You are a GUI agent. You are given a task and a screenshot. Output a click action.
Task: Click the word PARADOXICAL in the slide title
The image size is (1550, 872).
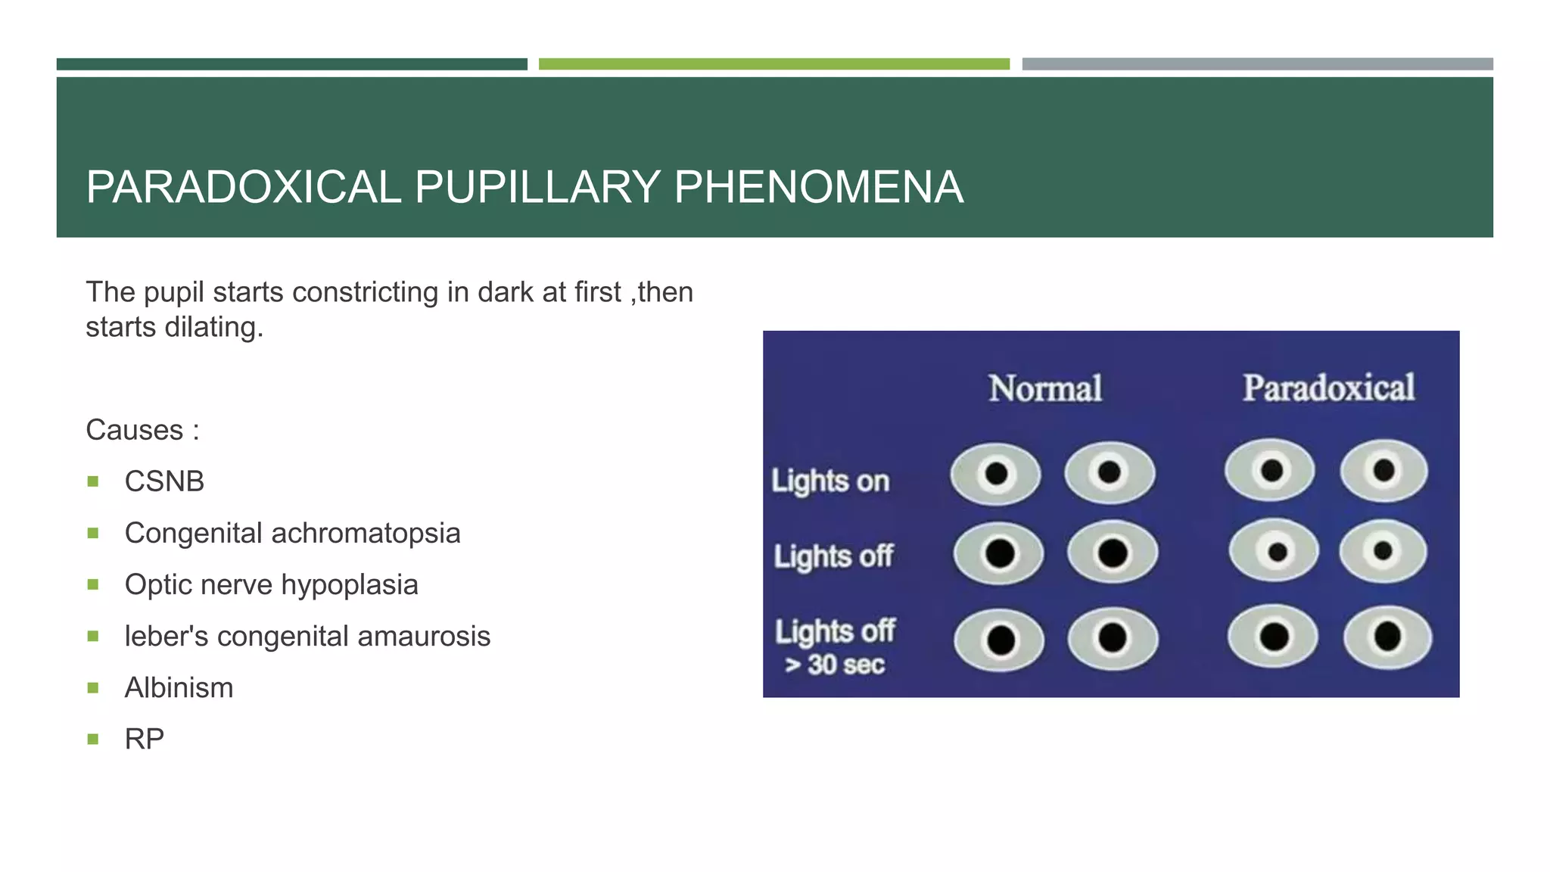tap(243, 187)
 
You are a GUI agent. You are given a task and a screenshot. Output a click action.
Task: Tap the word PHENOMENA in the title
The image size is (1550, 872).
tap(818, 187)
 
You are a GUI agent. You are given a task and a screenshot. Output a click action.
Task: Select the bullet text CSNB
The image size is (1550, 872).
tap(164, 481)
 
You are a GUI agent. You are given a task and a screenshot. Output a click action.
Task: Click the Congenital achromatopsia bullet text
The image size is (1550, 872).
tap(292, 533)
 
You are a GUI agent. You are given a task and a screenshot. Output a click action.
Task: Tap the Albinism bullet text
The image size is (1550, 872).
tap(179, 687)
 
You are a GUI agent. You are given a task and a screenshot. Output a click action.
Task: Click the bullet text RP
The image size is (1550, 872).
tap(144, 739)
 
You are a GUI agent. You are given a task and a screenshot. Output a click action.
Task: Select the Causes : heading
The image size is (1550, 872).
tap(142, 430)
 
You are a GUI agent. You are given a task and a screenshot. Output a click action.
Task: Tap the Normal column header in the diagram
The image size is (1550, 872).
tap(1045, 388)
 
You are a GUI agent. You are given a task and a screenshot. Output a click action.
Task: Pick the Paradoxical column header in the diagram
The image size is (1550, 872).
tap(1328, 388)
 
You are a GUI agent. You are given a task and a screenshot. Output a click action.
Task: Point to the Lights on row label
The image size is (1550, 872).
tap(830, 481)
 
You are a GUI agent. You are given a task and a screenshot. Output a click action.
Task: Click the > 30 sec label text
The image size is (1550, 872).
tap(834, 665)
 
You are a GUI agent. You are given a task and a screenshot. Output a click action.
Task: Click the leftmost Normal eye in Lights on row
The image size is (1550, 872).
tap(996, 475)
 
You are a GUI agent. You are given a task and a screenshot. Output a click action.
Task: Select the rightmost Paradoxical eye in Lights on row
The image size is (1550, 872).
tap(1384, 471)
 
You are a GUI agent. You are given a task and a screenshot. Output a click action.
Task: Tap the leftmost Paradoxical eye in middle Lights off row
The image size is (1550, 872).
tap(1275, 551)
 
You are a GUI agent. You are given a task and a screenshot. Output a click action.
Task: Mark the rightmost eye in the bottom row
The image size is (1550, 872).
tap(1388, 637)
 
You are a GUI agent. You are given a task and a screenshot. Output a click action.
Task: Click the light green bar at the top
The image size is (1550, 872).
tap(773, 64)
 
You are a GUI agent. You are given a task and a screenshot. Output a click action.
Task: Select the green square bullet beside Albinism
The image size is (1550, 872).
tap(93, 687)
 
